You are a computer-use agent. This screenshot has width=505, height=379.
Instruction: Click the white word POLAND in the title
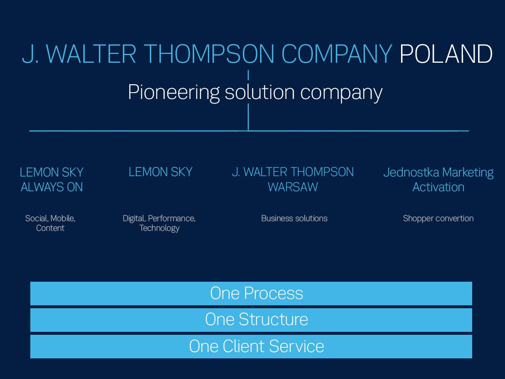(446, 53)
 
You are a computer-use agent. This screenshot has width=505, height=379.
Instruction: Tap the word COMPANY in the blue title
(337, 53)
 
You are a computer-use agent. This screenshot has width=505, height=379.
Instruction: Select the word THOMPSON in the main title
(210, 53)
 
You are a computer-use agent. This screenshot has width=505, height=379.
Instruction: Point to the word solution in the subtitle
(260, 92)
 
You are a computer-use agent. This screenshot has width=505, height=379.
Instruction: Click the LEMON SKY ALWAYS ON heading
(51, 179)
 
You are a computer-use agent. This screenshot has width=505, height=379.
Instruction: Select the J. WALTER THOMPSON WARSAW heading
(293, 179)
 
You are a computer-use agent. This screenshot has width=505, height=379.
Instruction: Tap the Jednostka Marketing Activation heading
(439, 179)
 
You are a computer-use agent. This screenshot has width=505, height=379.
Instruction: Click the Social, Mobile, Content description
(50, 223)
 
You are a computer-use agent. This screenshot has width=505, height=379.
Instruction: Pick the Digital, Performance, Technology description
(159, 223)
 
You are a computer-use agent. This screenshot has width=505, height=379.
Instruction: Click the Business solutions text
(294, 218)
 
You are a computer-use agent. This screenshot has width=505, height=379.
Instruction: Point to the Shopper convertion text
(438, 219)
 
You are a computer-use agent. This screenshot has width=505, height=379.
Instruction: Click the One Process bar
(251, 294)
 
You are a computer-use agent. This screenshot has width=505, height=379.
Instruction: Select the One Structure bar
(251, 320)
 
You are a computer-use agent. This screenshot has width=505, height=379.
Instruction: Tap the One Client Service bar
(251, 346)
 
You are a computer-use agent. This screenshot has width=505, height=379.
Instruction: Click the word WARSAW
(293, 187)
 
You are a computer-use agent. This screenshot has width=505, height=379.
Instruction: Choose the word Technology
(159, 228)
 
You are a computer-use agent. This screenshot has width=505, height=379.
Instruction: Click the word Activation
(439, 187)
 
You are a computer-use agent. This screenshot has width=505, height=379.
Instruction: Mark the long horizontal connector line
(249, 131)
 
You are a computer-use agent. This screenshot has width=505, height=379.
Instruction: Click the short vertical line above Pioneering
(248, 75)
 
